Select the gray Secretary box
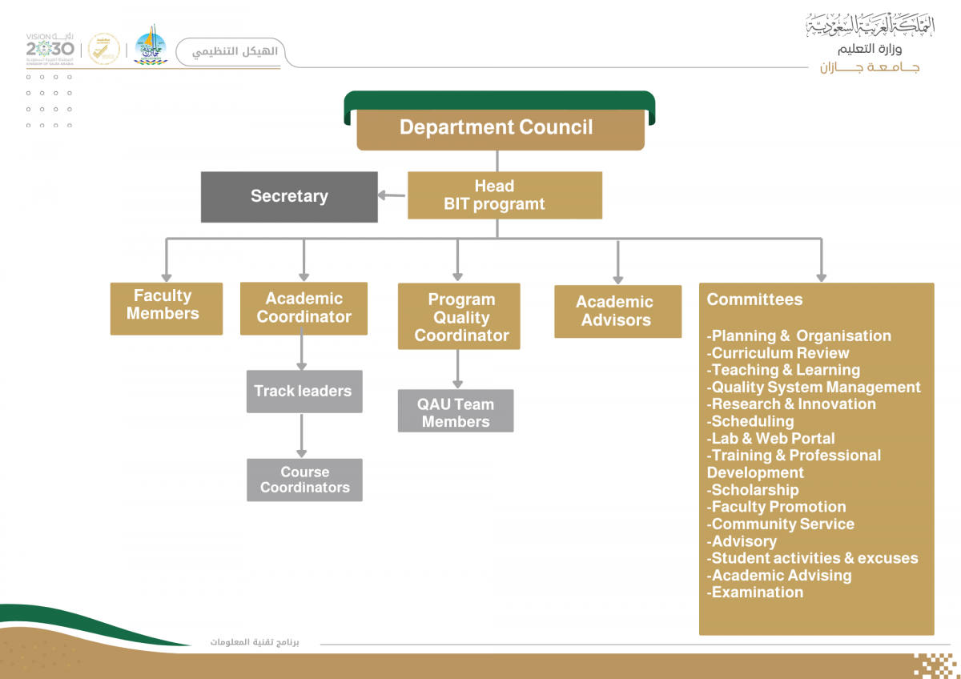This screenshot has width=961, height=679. (x=289, y=197)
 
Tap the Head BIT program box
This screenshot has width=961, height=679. (x=505, y=195)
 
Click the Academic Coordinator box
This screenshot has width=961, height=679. (x=304, y=308)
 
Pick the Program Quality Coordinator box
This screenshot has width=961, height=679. (x=459, y=316)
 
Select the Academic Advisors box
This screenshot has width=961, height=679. (x=617, y=311)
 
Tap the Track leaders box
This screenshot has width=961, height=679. (x=304, y=392)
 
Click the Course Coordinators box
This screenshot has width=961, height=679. (x=304, y=480)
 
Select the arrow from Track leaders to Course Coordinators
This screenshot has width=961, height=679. (x=302, y=436)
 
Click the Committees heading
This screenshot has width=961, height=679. (x=754, y=299)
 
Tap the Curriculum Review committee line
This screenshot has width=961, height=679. (x=778, y=353)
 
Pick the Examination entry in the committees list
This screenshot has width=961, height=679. (x=755, y=593)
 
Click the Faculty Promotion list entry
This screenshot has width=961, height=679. (x=776, y=507)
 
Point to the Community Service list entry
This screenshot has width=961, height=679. (x=780, y=524)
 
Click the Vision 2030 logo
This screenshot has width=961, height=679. (x=50, y=50)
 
